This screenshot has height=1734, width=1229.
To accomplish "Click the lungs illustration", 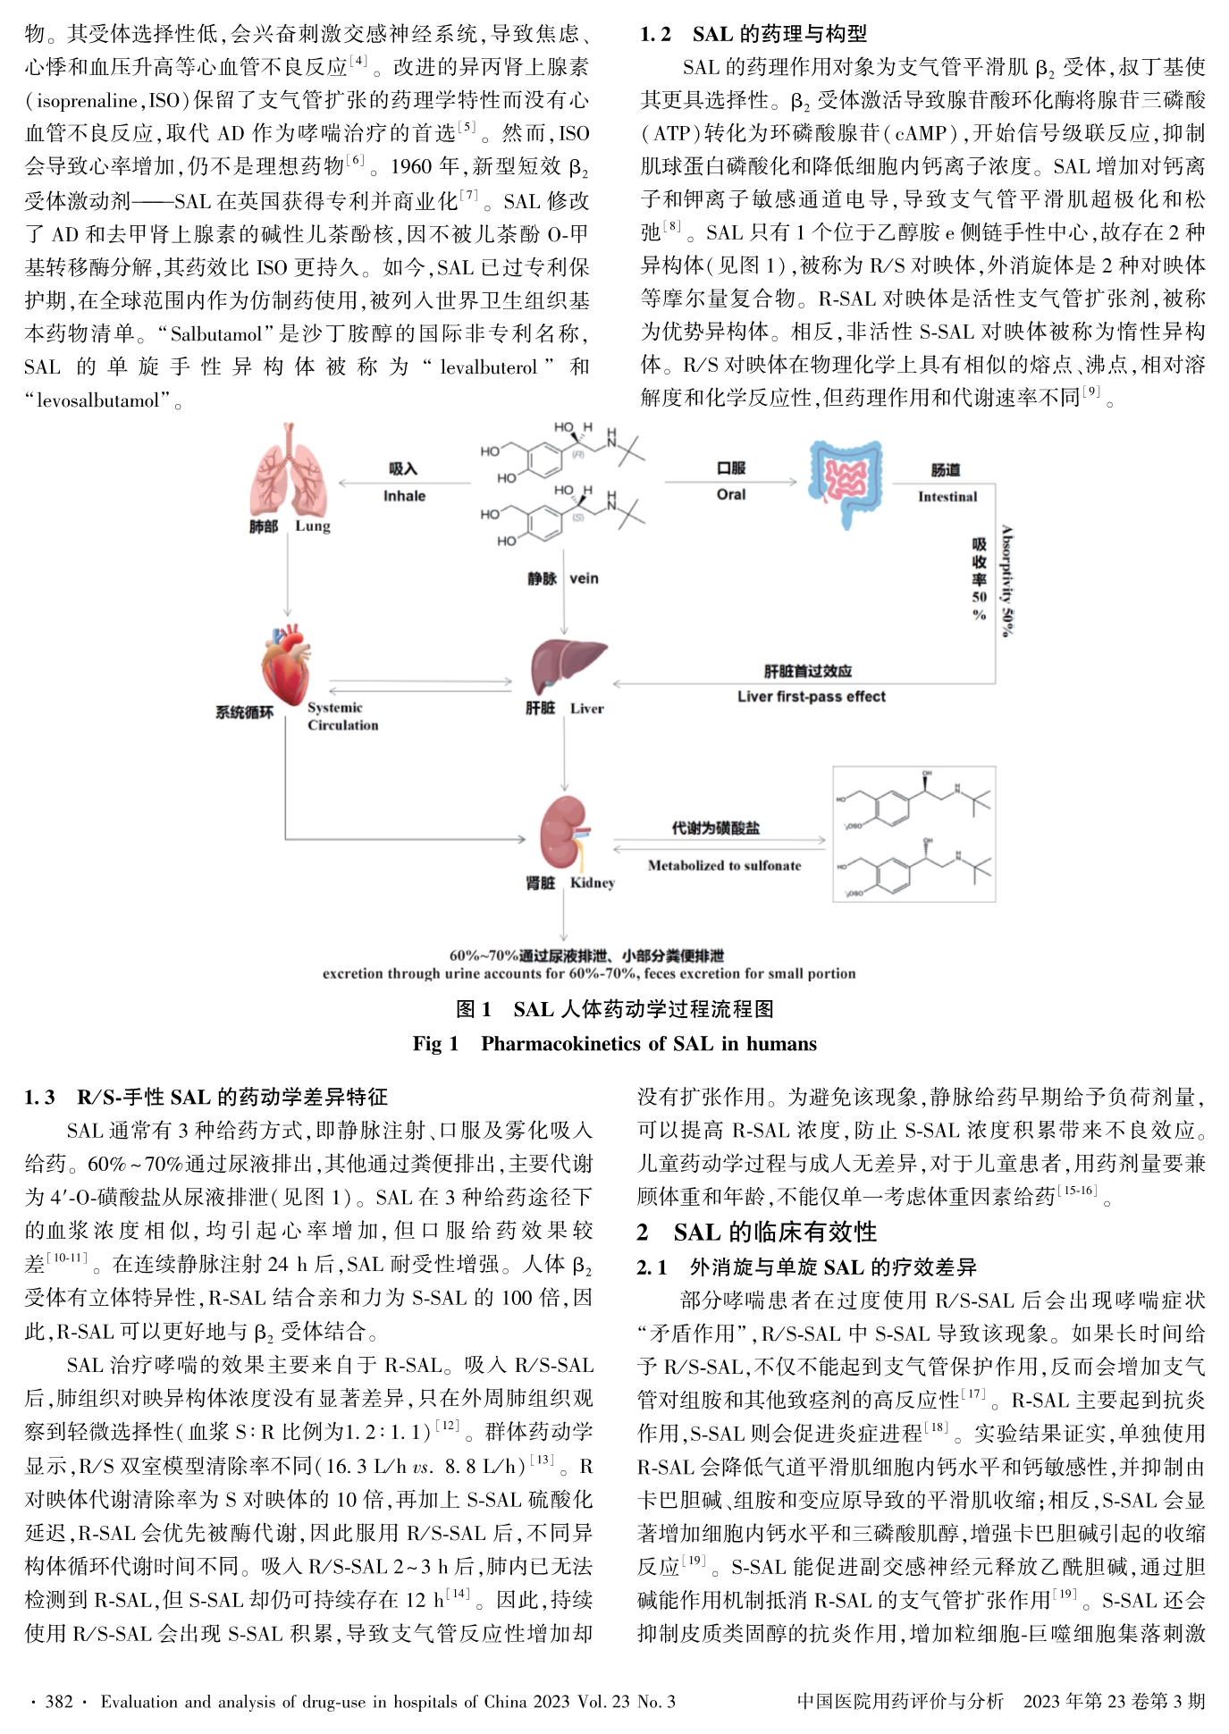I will [x=288, y=469].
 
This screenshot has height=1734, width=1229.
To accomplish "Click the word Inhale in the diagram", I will [x=404, y=496].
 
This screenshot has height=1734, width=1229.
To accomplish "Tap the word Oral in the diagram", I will [x=730, y=494].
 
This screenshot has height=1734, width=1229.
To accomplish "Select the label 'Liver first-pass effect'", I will [x=812, y=696].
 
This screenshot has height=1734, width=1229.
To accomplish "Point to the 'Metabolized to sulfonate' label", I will [x=724, y=865].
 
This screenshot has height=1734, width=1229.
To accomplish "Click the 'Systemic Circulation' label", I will [x=342, y=716].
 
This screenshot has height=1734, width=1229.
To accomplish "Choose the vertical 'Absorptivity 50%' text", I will [x=1006, y=581].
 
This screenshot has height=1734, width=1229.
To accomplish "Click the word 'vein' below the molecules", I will [x=584, y=578].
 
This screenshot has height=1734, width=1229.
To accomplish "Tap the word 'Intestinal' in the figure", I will [x=947, y=497].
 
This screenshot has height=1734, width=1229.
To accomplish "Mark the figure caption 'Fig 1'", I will [x=435, y=1044].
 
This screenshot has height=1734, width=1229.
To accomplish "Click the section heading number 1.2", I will [x=655, y=34].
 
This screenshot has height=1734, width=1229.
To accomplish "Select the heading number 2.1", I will [x=652, y=1267].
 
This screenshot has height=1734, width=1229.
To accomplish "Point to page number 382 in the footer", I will [x=59, y=1701].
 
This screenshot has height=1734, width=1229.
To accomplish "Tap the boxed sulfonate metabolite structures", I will [x=913, y=833].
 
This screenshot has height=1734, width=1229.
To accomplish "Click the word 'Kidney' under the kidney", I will [x=593, y=883].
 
